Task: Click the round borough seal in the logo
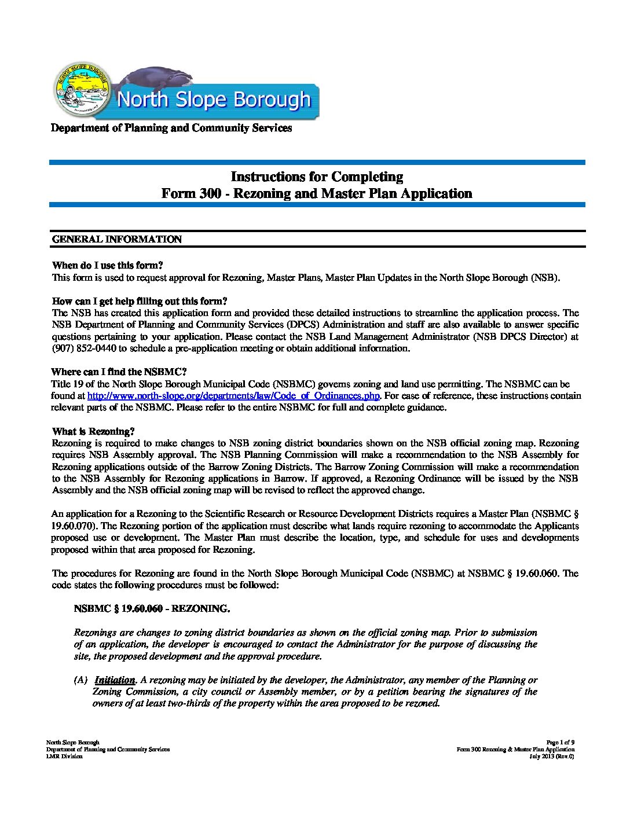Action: tap(81, 90)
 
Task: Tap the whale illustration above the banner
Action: tap(156, 78)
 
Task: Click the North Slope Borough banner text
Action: tap(214, 100)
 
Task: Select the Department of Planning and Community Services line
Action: tap(171, 128)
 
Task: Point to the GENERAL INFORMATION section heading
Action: tap(117, 239)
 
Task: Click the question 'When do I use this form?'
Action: tap(108, 266)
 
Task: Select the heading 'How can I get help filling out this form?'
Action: tap(140, 301)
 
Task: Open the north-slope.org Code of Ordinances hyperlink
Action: tap(233, 396)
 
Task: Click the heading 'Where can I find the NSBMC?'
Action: tap(119, 372)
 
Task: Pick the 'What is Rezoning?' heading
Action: tap(93, 431)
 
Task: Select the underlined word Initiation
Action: tap(115, 680)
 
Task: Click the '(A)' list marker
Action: tap(80, 680)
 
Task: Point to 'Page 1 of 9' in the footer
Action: tap(560, 743)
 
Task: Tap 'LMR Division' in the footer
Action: tap(64, 757)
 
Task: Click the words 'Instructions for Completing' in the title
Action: tap(317, 177)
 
